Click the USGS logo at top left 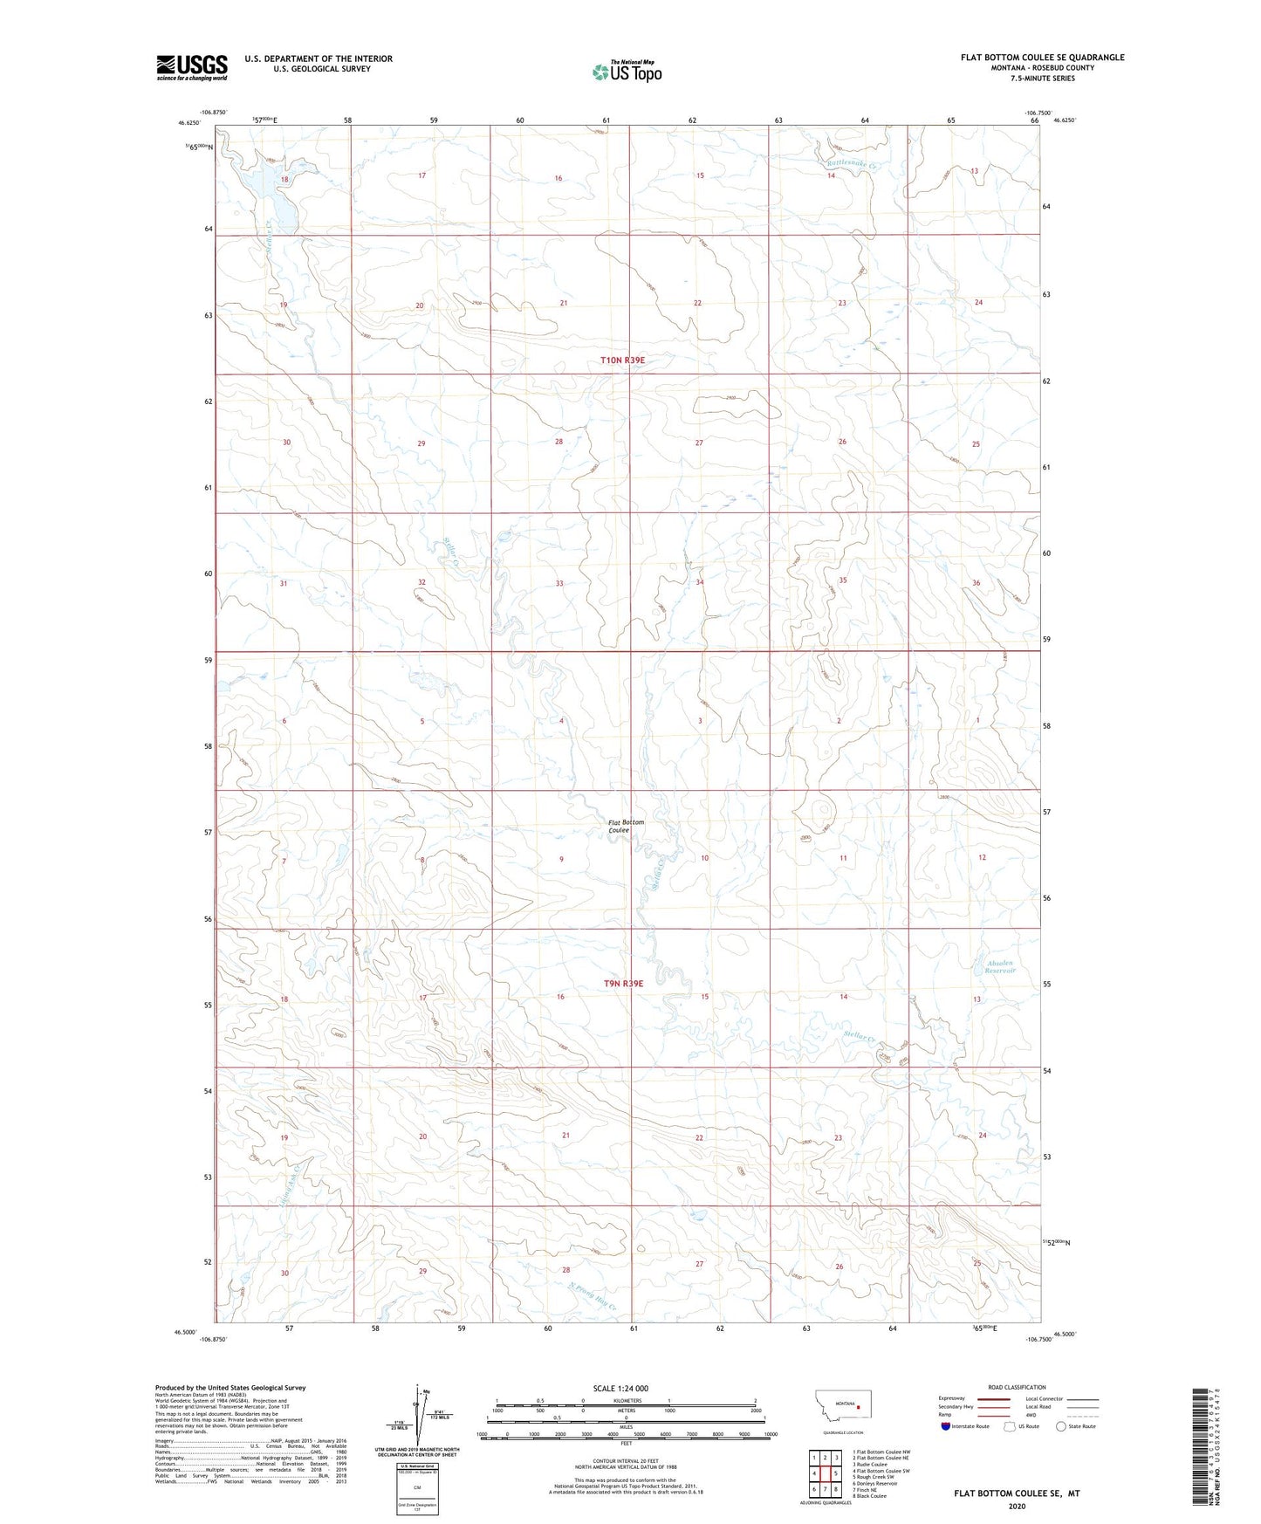tap(192, 67)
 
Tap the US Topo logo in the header tap(627, 72)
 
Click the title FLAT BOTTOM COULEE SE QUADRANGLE tap(1042, 58)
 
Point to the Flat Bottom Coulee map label tap(627, 826)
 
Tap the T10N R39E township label tap(623, 360)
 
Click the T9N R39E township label tap(623, 983)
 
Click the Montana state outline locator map tap(839, 1406)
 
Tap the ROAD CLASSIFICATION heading tap(1017, 1387)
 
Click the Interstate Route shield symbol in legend tap(946, 1426)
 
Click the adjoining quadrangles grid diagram tap(825, 1473)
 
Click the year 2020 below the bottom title tap(1017, 1506)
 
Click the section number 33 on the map tap(559, 583)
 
